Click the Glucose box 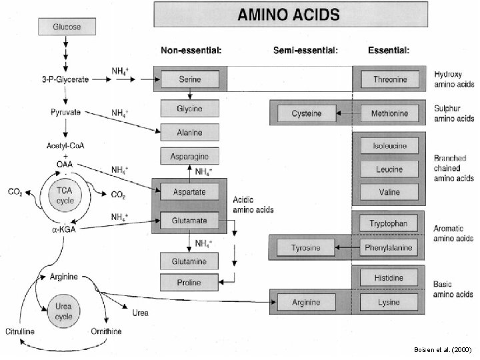(67, 27)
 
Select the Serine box (190, 79)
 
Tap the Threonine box (390, 79)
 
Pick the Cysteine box (307, 113)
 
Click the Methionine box (390, 113)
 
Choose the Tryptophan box (389, 223)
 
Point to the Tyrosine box (306, 247)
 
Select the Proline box (189, 282)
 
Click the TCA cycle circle (65, 195)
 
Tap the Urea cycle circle (64, 311)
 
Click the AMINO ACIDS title (289, 15)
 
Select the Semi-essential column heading (305, 50)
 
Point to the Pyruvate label (65, 113)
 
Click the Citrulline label (20, 331)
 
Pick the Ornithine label (106, 331)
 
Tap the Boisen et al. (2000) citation (443, 349)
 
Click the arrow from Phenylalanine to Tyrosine (347, 247)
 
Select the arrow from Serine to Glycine (190, 94)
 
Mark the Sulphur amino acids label (454, 113)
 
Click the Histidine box (389, 277)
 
